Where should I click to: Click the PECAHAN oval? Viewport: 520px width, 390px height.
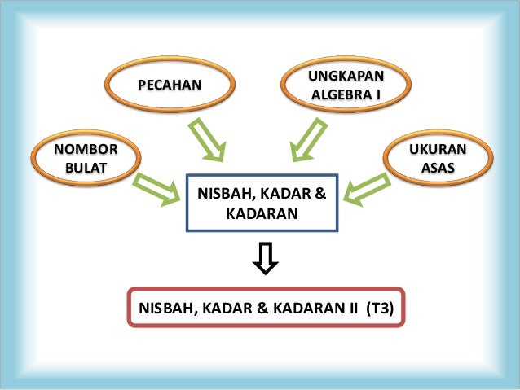pyautogui.click(x=170, y=85)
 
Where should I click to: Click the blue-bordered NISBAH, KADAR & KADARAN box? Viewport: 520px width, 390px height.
pyautogui.click(x=262, y=204)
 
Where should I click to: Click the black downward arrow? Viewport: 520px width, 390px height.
pyautogui.click(x=267, y=257)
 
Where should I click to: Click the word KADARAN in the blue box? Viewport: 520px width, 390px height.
pyautogui.click(x=261, y=214)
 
